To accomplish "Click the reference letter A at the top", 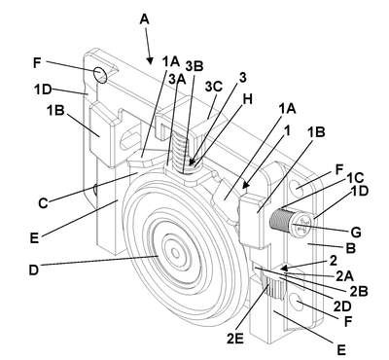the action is coord(145,19).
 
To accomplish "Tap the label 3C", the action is coord(214,87).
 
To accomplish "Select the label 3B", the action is coord(194,66).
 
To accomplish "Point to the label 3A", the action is coord(177,79).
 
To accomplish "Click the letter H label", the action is coord(247,99).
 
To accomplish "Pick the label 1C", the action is coord(355,177).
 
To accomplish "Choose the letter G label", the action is coord(355,233).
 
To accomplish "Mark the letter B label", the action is coord(351,248).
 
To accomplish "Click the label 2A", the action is coord(344,276).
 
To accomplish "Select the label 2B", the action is coord(359,291).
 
